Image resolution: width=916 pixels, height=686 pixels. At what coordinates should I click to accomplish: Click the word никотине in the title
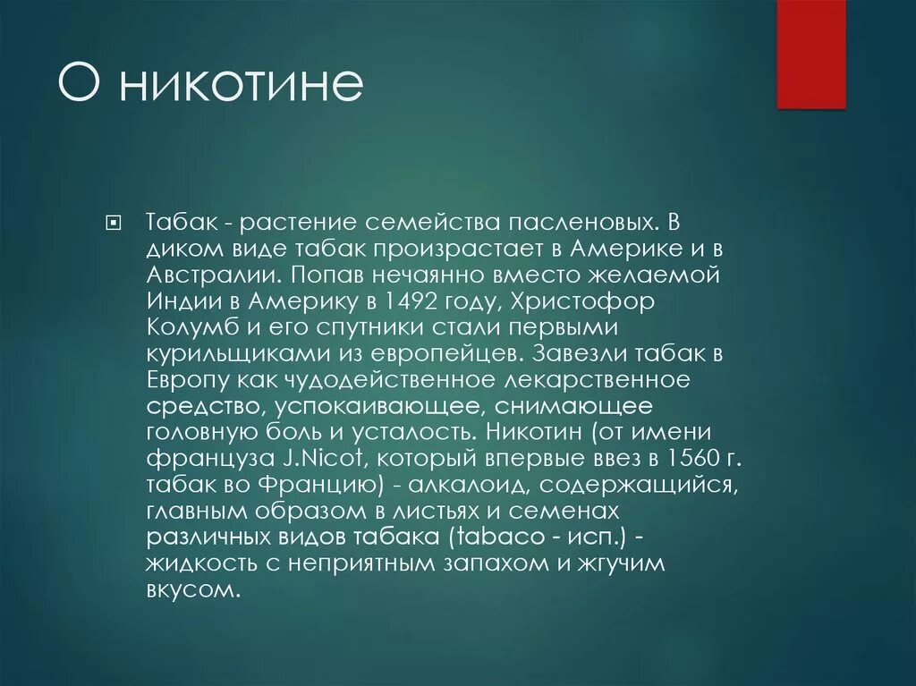click(241, 85)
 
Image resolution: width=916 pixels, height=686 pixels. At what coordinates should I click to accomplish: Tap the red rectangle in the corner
click(811, 55)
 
